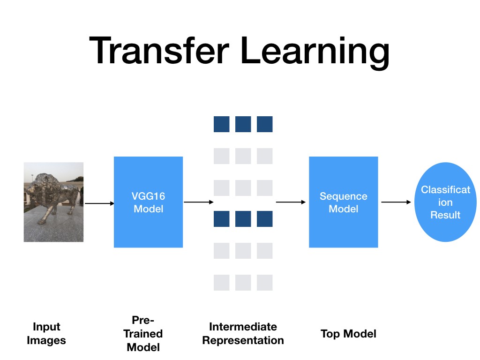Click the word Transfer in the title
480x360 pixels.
pos(159,50)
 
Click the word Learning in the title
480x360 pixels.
pos(315,52)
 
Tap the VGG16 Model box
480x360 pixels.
pos(149,202)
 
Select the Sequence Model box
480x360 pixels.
pos(344,202)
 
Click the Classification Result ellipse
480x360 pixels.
pos(445,202)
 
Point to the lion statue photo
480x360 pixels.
pos(53,202)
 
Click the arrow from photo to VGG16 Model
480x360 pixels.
pos(99,203)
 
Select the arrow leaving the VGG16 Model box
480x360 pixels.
pos(199,202)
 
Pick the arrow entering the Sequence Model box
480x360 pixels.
pos(291,202)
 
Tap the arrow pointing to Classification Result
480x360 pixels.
pos(396,202)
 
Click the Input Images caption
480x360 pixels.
pos(46,334)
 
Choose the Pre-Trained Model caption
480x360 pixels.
pos(143,334)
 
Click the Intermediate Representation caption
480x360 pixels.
pos(243,334)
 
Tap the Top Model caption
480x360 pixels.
pos(348,334)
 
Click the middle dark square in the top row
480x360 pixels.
pos(243,124)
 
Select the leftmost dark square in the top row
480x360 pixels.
pos(222,124)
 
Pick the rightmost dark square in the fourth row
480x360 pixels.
pos(265,219)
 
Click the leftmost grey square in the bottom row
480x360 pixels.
pos(222,283)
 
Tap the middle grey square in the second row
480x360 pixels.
pos(243,156)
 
